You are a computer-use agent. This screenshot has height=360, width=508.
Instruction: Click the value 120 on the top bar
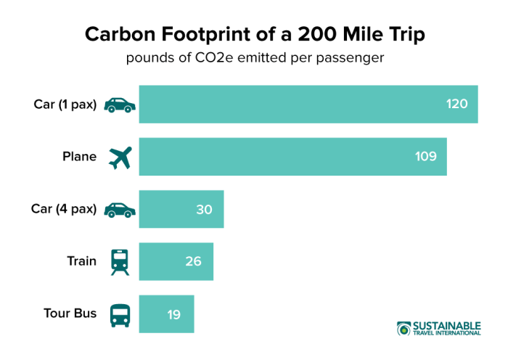point(457,105)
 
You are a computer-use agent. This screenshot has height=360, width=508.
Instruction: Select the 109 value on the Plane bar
point(426,157)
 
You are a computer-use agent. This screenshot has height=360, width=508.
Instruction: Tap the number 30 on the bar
point(204,209)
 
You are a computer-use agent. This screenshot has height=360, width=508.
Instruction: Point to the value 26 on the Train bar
point(193,261)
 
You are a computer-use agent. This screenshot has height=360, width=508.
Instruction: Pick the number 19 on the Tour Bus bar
point(173,314)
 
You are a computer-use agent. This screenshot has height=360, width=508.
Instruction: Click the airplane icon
point(120,157)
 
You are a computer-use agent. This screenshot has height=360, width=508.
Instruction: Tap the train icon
point(120,262)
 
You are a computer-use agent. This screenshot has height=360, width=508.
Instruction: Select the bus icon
point(120,314)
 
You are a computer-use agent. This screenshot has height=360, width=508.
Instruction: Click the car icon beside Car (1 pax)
point(120,105)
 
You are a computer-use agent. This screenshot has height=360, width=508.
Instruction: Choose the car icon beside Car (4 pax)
point(120,210)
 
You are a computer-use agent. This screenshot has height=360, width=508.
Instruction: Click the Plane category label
point(79,157)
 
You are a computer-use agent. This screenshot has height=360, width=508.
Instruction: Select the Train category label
point(81,261)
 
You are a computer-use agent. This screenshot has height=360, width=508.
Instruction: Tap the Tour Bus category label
point(70,314)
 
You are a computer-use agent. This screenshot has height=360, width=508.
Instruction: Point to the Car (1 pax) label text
point(65,105)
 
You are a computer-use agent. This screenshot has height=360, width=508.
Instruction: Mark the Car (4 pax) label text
point(64,209)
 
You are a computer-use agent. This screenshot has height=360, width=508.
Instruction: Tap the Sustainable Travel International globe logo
point(403,328)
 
